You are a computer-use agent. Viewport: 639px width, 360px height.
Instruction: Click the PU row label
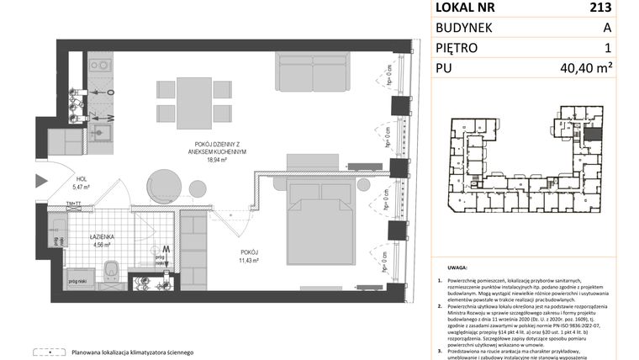[x=445, y=69]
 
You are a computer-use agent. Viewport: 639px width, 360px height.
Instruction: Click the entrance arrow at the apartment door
[x=42, y=180]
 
